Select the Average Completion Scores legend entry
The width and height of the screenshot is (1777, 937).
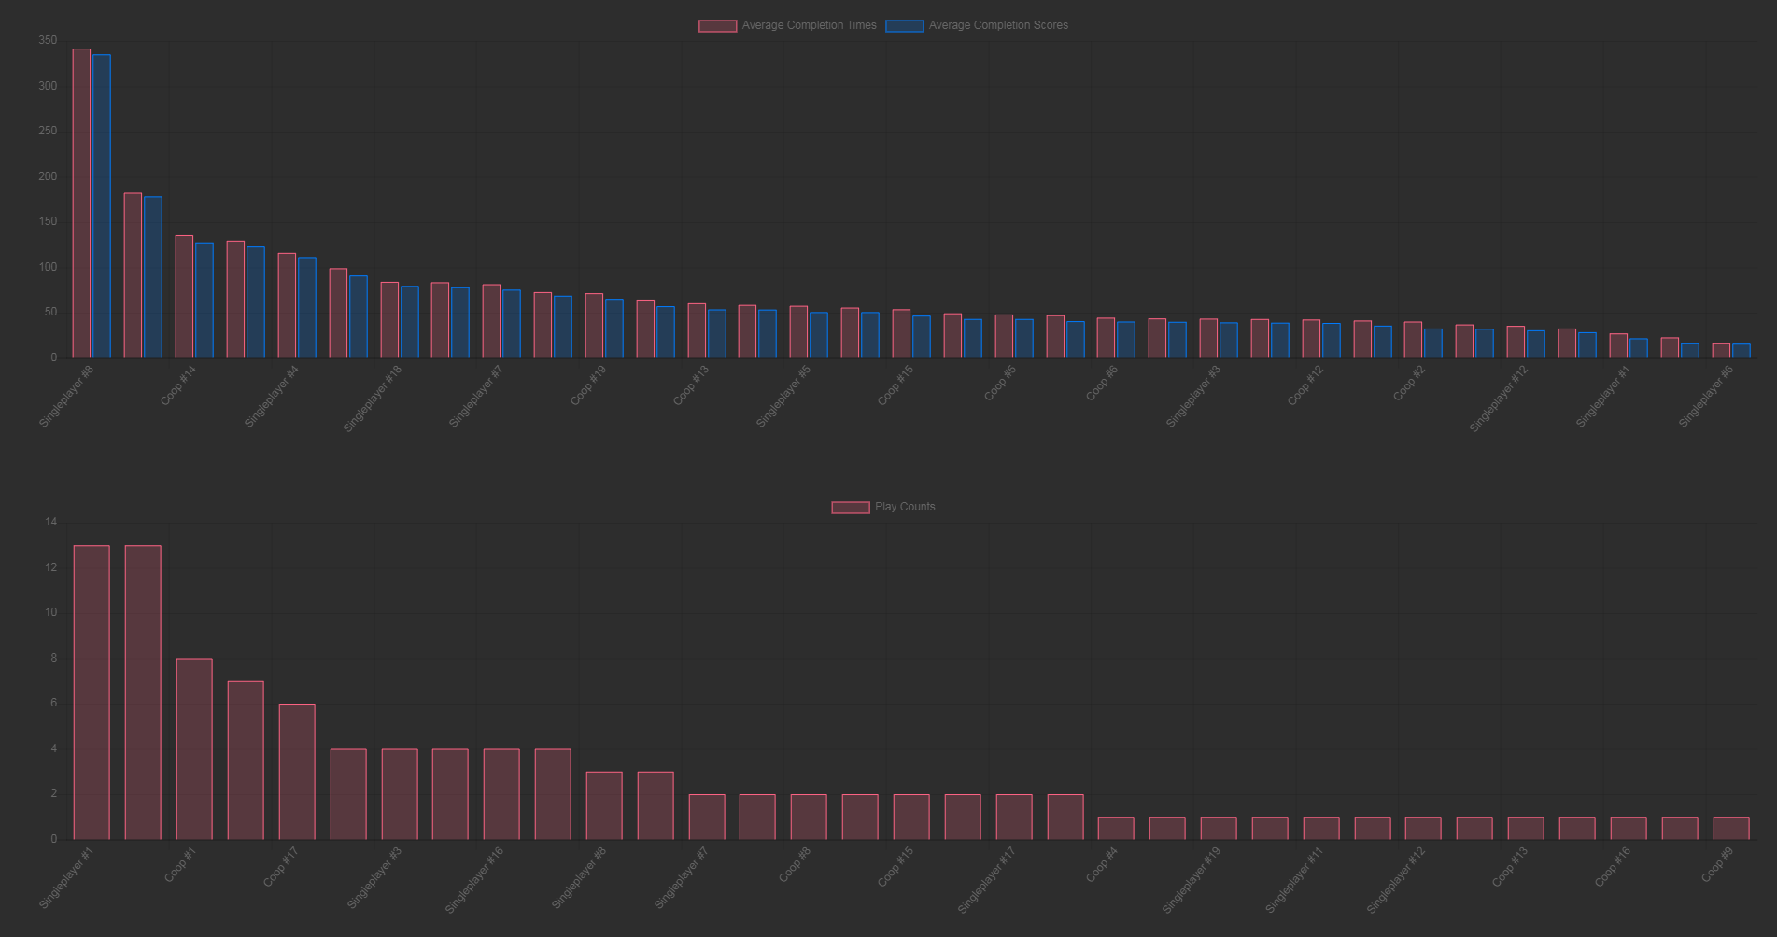click(x=977, y=25)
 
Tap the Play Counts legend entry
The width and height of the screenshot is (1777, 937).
click(x=883, y=507)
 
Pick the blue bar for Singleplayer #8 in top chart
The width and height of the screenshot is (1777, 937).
click(x=102, y=205)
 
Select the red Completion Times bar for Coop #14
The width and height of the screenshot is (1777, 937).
click(x=184, y=296)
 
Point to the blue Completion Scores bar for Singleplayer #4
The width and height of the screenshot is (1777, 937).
click(x=306, y=307)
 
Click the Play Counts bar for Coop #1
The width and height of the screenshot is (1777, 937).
click(x=194, y=748)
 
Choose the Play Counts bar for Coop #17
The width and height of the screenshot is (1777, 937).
click(x=297, y=771)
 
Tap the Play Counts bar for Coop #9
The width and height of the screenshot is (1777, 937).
click(x=1730, y=828)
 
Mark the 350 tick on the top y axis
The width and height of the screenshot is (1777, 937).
click(x=48, y=41)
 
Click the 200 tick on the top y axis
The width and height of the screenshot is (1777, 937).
click(x=48, y=176)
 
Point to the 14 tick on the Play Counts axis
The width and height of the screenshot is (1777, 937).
click(x=50, y=522)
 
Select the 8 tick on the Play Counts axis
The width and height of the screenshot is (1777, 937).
click(x=53, y=658)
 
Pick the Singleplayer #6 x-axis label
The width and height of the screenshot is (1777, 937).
click(x=1705, y=397)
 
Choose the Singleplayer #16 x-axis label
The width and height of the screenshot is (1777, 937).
click(x=473, y=880)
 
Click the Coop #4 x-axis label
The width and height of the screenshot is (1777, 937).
click(x=1102, y=864)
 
